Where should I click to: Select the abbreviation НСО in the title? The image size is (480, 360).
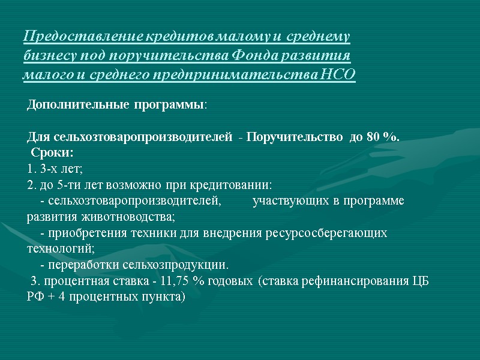(338, 76)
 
